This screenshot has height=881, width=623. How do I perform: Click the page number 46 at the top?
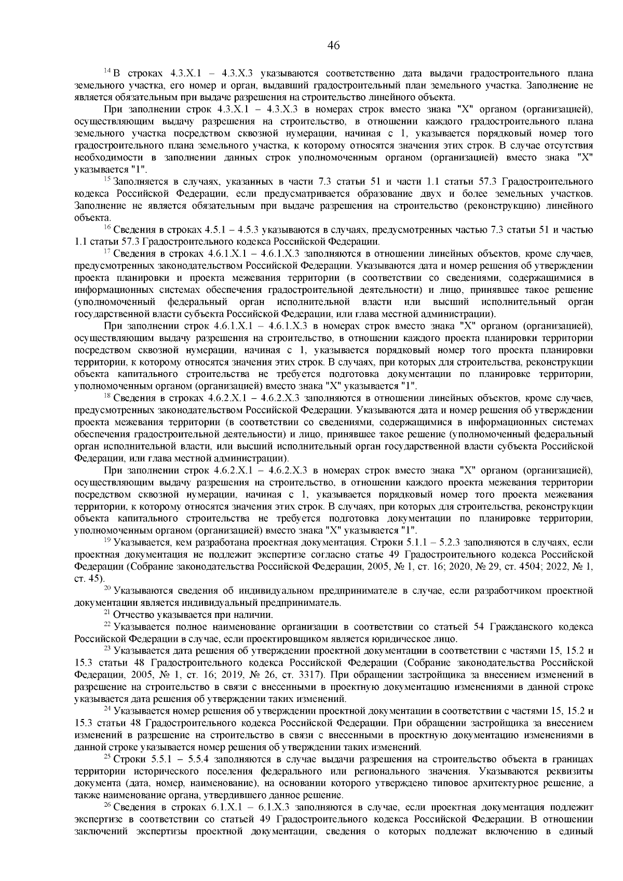333,45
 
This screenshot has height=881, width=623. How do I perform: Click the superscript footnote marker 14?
107,71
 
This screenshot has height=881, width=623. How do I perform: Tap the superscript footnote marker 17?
107,252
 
